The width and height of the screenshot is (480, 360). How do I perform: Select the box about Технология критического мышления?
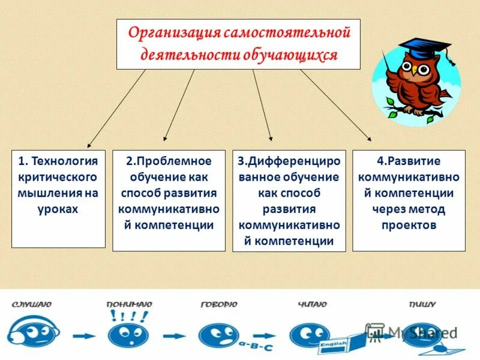tap(58, 199)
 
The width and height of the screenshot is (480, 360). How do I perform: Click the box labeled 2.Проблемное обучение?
tap(169, 200)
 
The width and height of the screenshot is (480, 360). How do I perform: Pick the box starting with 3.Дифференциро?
tap(289, 200)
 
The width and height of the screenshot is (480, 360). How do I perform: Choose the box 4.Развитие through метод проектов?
tap(409, 200)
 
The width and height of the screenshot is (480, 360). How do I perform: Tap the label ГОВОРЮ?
tap(219, 305)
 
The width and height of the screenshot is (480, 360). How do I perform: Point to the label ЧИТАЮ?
tap(311, 305)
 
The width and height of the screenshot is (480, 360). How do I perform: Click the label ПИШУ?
tap(422, 305)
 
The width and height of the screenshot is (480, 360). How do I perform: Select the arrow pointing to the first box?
tap(117, 108)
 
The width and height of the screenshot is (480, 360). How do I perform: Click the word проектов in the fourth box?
tap(409, 226)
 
